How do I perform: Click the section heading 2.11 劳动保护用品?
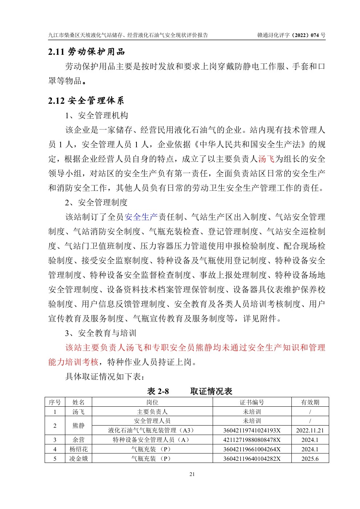(x=86, y=52)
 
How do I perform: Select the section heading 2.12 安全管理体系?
(x=86, y=100)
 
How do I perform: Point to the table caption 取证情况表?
(x=211, y=391)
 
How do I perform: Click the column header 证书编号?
(x=252, y=402)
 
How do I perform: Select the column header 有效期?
(x=310, y=402)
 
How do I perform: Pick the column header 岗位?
(x=152, y=402)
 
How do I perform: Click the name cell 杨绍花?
(x=79, y=449)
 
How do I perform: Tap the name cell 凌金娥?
(x=79, y=459)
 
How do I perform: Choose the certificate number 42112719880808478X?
(x=252, y=440)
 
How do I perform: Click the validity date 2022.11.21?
(x=310, y=431)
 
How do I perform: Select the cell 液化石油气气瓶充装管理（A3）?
(x=152, y=431)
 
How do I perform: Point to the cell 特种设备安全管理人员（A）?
(x=152, y=440)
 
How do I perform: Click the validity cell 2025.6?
(x=310, y=459)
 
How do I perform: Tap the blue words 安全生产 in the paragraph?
(x=141, y=217)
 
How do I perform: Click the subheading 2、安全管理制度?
(x=97, y=202)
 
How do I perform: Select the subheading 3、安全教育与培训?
(x=101, y=333)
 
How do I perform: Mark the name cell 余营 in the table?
(x=79, y=440)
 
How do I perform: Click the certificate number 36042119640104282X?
(x=252, y=459)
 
